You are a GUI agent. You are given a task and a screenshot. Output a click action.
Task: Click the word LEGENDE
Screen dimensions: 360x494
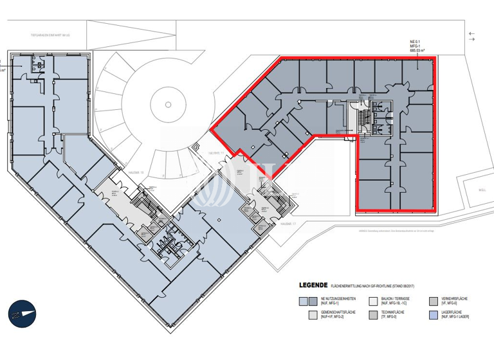(313, 284)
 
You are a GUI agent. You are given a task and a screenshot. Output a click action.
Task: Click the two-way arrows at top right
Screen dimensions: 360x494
(473, 37)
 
